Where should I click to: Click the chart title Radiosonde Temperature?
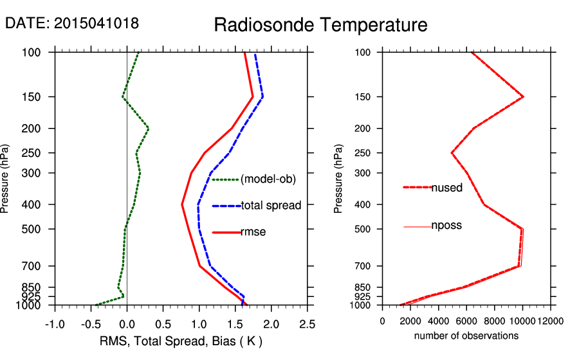click(320, 25)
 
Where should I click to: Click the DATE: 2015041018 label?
click(72, 23)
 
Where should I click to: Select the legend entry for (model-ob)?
click(268, 179)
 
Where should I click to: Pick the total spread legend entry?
click(271, 206)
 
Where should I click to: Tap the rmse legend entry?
click(253, 232)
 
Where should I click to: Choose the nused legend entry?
click(446, 188)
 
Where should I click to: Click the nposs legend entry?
click(446, 226)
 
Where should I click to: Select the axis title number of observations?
click(466, 336)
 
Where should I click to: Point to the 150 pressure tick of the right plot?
click(365, 97)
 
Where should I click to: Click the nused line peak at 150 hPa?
click(523, 97)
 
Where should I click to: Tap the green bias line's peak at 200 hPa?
click(149, 129)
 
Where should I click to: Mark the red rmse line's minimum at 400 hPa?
click(182, 204)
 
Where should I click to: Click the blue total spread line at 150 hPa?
click(262, 97)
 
